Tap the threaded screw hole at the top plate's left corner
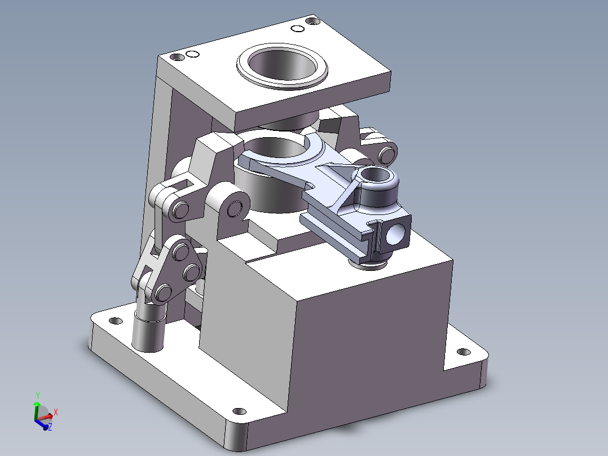pos(178,57)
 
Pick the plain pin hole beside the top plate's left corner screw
pos(192,54)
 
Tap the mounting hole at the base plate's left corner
pos(115,321)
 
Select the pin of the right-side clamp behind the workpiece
pos(386,154)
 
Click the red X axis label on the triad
pos(56,412)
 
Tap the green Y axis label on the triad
pos(37,395)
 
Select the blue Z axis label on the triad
pos(50,428)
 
